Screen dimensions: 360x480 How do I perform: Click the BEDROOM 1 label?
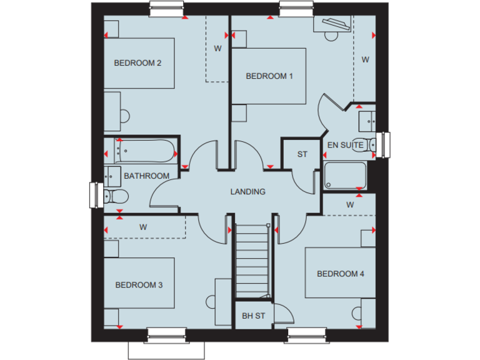click(269, 76)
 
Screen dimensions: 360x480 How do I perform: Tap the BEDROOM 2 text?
click(138, 62)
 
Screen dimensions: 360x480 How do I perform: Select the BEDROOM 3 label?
click(139, 285)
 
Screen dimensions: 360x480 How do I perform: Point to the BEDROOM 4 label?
click(340, 274)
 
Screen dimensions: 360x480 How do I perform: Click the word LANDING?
click(247, 192)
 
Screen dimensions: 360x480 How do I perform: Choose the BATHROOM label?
click(146, 176)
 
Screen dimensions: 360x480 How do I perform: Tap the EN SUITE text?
click(345, 145)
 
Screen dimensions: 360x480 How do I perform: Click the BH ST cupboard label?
click(253, 316)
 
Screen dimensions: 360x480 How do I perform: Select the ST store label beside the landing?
click(302, 154)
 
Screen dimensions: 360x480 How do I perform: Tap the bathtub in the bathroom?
click(146, 151)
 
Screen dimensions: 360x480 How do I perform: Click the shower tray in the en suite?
click(345, 175)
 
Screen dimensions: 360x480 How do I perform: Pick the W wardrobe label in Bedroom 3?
click(143, 227)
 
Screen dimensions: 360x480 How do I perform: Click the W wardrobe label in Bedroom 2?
click(218, 48)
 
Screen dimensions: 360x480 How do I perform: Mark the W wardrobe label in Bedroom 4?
click(350, 204)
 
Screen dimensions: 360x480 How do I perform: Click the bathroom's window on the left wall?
click(96, 194)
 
